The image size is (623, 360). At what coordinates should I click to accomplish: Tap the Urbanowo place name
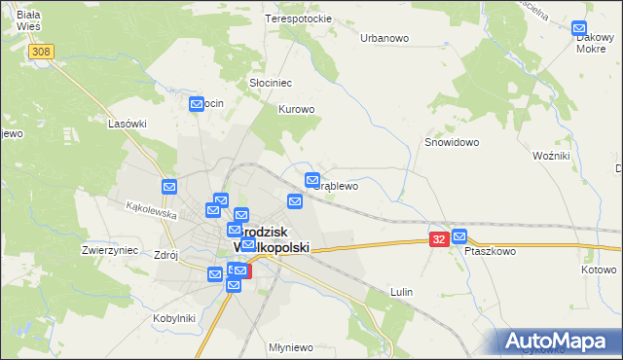pyautogui.click(x=385, y=38)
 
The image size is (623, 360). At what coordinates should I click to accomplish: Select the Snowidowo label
pyautogui.click(x=452, y=141)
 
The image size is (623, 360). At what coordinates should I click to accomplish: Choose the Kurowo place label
pyautogui.click(x=297, y=109)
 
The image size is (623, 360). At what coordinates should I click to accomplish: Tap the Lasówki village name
pyautogui.click(x=128, y=124)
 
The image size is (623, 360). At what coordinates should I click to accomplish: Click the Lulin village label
pyautogui.click(x=401, y=292)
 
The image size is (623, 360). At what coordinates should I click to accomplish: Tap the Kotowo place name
pyautogui.click(x=599, y=270)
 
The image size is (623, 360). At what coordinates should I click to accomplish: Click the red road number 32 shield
pyautogui.click(x=439, y=238)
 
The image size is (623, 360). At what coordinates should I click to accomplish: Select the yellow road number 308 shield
pyautogui.click(x=40, y=52)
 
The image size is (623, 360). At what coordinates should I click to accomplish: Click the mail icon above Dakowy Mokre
pyautogui.click(x=580, y=30)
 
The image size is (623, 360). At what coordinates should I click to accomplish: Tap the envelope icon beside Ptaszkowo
pyautogui.click(x=459, y=236)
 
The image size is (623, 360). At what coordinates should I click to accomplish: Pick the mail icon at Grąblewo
pyautogui.click(x=312, y=180)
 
